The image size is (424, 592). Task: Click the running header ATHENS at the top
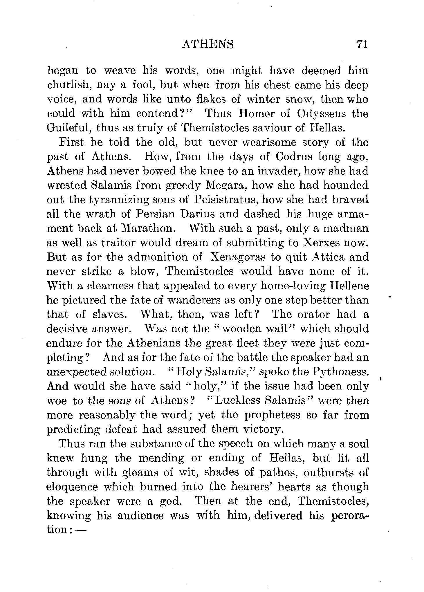click(208, 44)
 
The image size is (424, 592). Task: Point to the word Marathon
click(148, 228)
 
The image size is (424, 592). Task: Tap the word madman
click(346, 228)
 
